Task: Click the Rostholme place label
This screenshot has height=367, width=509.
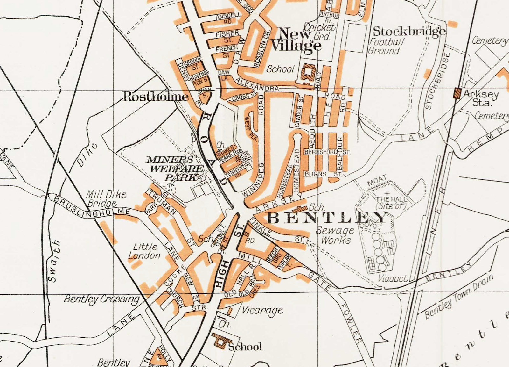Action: click(x=156, y=96)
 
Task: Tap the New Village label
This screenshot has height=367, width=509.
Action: click(x=296, y=40)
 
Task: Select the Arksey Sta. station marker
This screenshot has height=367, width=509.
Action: click(x=457, y=93)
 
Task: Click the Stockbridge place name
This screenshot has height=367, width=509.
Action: click(x=409, y=31)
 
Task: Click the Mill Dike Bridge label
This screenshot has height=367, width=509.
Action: click(x=106, y=199)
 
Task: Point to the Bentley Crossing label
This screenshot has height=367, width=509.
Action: click(x=102, y=299)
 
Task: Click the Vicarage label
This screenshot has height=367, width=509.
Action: click(x=262, y=310)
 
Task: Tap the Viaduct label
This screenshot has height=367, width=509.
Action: click(x=392, y=278)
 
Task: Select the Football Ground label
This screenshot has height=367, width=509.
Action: click(x=386, y=46)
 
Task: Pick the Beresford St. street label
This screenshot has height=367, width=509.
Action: click(x=327, y=152)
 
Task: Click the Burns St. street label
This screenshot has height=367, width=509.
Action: click(x=323, y=174)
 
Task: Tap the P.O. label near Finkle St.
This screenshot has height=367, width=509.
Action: click(x=251, y=241)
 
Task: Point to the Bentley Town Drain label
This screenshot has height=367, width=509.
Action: click(x=459, y=297)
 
